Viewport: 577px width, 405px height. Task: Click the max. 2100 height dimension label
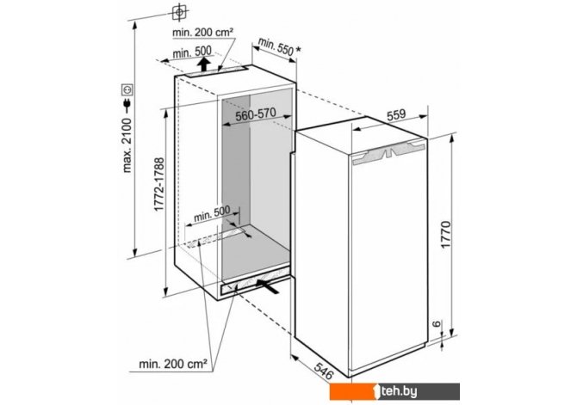pyautogui.click(x=127, y=145)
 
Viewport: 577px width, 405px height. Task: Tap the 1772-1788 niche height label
pyautogui.click(x=159, y=185)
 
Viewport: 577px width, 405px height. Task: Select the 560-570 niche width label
pyautogui.click(x=256, y=114)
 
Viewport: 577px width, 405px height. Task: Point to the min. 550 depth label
pyautogui.click(x=276, y=46)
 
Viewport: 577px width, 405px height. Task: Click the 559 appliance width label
pyautogui.click(x=396, y=114)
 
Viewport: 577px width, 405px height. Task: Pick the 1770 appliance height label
pyautogui.click(x=445, y=235)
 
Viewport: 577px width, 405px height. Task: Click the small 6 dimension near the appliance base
pyautogui.click(x=437, y=324)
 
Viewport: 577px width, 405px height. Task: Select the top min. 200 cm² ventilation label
pyautogui.click(x=202, y=33)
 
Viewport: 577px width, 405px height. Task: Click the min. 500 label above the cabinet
pyautogui.click(x=192, y=52)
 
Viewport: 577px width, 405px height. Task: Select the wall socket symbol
pyautogui.click(x=127, y=89)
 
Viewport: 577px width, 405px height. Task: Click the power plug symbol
pyautogui.click(x=127, y=105)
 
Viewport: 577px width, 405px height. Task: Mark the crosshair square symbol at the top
pyautogui.click(x=179, y=12)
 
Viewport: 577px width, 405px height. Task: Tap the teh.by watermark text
pyautogui.click(x=399, y=392)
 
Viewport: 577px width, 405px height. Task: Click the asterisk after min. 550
pyautogui.click(x=298, y=51)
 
